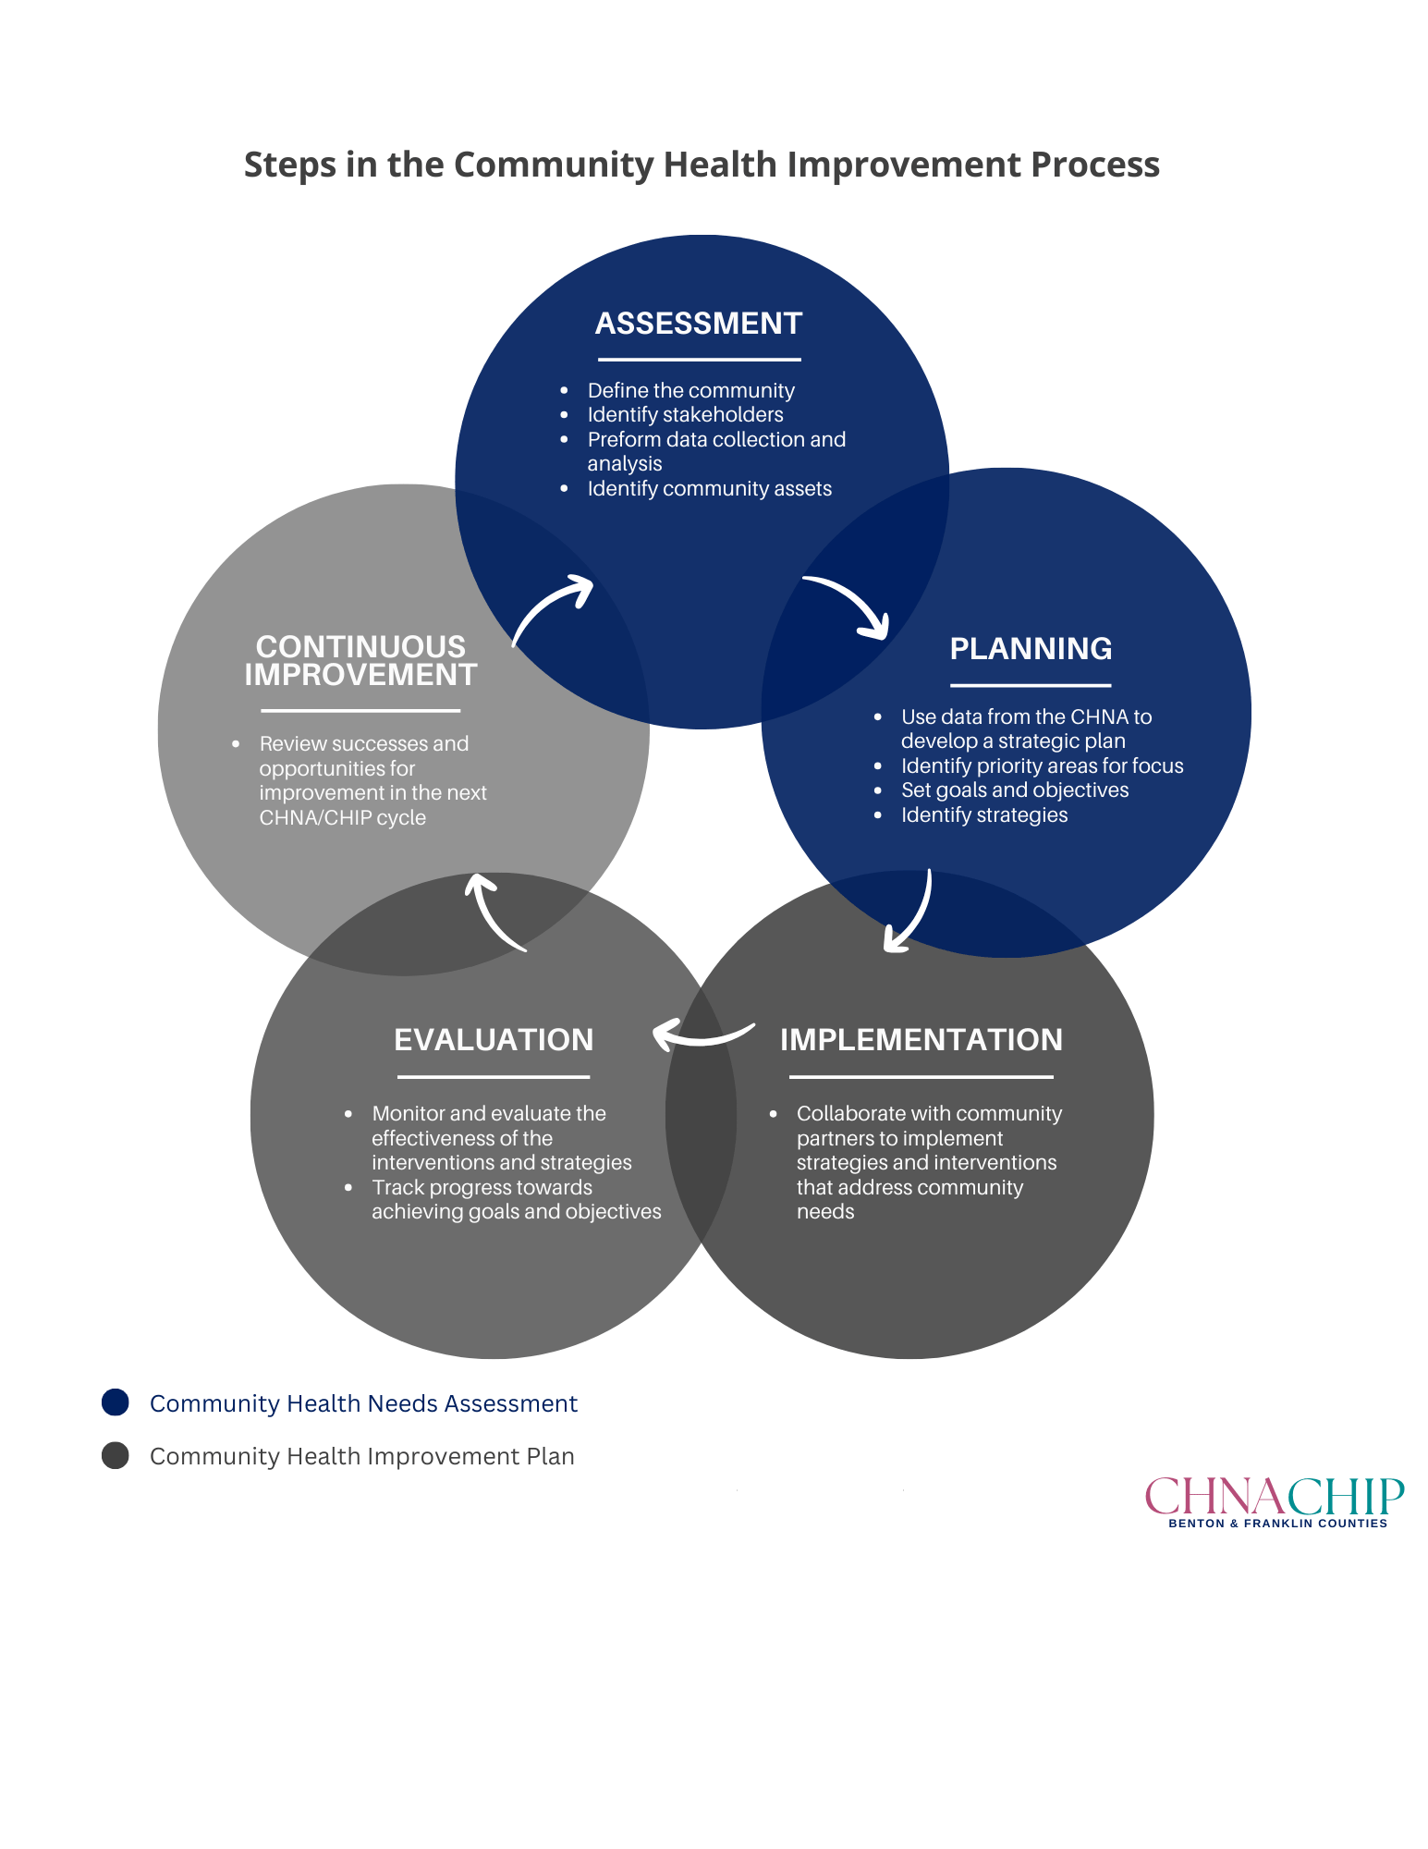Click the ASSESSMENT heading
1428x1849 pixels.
point(699,324)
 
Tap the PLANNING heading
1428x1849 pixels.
point(1031,649)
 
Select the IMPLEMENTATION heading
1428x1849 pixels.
point(921,1040)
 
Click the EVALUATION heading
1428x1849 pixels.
point(494,1040)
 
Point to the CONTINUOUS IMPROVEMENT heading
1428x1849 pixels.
point(360,661)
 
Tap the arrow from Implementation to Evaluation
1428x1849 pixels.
point(702,1034)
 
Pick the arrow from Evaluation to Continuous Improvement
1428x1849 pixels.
point(493,912)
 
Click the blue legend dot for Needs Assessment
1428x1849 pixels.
point(116,1402)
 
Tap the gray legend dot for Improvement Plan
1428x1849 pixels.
point(116,1456)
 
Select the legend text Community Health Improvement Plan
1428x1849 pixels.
point(362,1456)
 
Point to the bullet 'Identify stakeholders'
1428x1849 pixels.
point(685,415)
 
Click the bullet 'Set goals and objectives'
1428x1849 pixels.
point(1015,790)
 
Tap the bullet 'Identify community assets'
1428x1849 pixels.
point(709,489)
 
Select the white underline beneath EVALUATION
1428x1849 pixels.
point(494,1077)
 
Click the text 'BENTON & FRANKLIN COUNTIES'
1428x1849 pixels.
point(1277,1524)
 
